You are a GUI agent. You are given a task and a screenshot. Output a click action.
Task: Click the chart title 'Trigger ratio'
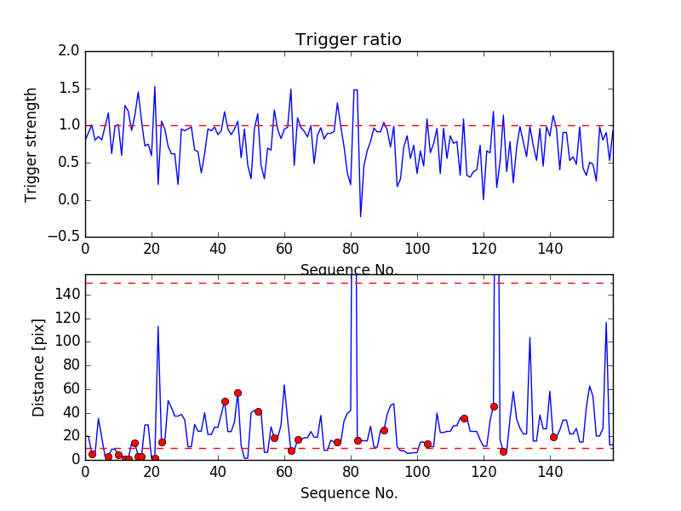coord(348,40)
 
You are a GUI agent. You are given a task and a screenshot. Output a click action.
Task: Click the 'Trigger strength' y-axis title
coord(31,144)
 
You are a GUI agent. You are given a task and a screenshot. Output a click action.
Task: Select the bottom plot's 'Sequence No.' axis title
coord(349,493)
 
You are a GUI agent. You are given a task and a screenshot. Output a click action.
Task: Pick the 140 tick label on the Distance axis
coord(67,295)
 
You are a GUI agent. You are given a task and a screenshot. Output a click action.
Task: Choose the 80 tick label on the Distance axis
coord(71,365)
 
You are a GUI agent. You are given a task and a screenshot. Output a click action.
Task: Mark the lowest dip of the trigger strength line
coord(360,216)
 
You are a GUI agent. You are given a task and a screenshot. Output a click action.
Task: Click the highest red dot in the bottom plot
coord(237,393)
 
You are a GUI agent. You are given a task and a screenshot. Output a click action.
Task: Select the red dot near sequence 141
coord(553,437)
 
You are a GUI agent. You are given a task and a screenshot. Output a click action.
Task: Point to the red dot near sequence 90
coord(384,430)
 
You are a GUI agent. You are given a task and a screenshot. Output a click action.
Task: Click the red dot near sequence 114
coord(464,418)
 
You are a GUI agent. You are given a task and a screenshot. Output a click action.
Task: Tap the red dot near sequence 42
coord(225,401)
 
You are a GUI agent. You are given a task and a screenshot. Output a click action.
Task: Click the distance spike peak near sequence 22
coord(158,326)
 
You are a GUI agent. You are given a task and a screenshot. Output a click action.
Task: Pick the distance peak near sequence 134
coord(529,337)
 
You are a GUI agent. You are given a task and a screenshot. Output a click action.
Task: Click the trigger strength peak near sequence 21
coord(155,86)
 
